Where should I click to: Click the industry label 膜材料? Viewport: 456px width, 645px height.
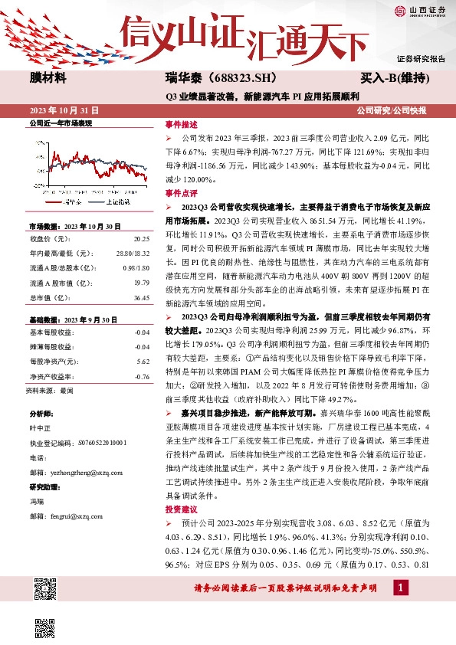click(48, 78)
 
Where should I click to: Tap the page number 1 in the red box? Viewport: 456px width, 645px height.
click(399, 587)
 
